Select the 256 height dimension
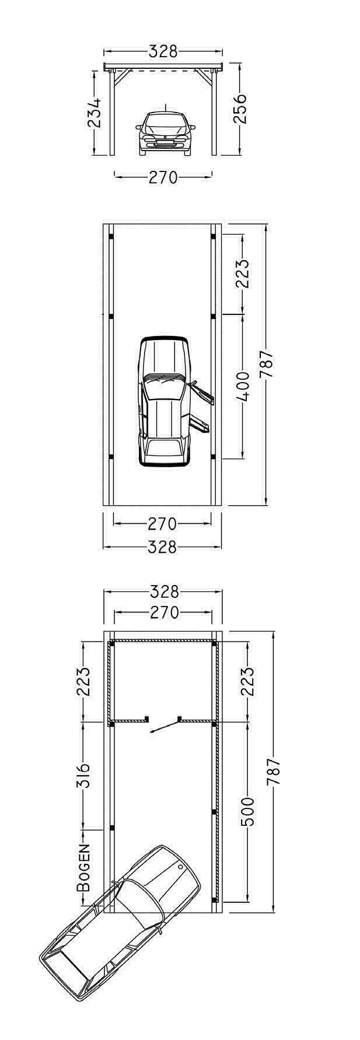pos(240,108)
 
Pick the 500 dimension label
pos(247,812)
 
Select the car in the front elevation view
pos(165,132)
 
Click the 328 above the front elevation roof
pos(163,51)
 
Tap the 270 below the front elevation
pos(163,177)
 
